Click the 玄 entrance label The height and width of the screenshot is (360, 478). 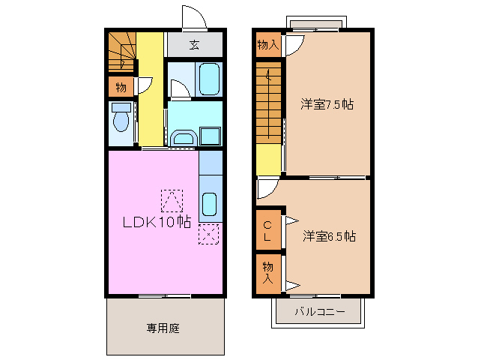[x=194, y=45]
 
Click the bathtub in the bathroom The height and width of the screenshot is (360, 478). [x=209, y=78]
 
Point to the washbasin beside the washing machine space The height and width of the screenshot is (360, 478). [x=182, y=137]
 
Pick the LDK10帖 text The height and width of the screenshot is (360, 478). [x=156, y=222]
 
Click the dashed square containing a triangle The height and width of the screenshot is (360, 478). [x=172, y=200]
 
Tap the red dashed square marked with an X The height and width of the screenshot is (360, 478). [x=208, y=234]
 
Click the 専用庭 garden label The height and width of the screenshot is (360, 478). [x=163, y=328]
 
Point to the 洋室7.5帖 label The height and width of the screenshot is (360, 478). [x=327, y=104]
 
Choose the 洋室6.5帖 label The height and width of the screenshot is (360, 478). [x=329, y=236]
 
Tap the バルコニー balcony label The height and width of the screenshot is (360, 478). [x=319, y=311]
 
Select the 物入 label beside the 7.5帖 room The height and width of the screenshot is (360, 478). [x=267, y=45]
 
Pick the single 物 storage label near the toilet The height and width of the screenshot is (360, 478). [x=121, y=87]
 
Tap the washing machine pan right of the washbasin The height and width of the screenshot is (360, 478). [x=210, y=136]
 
